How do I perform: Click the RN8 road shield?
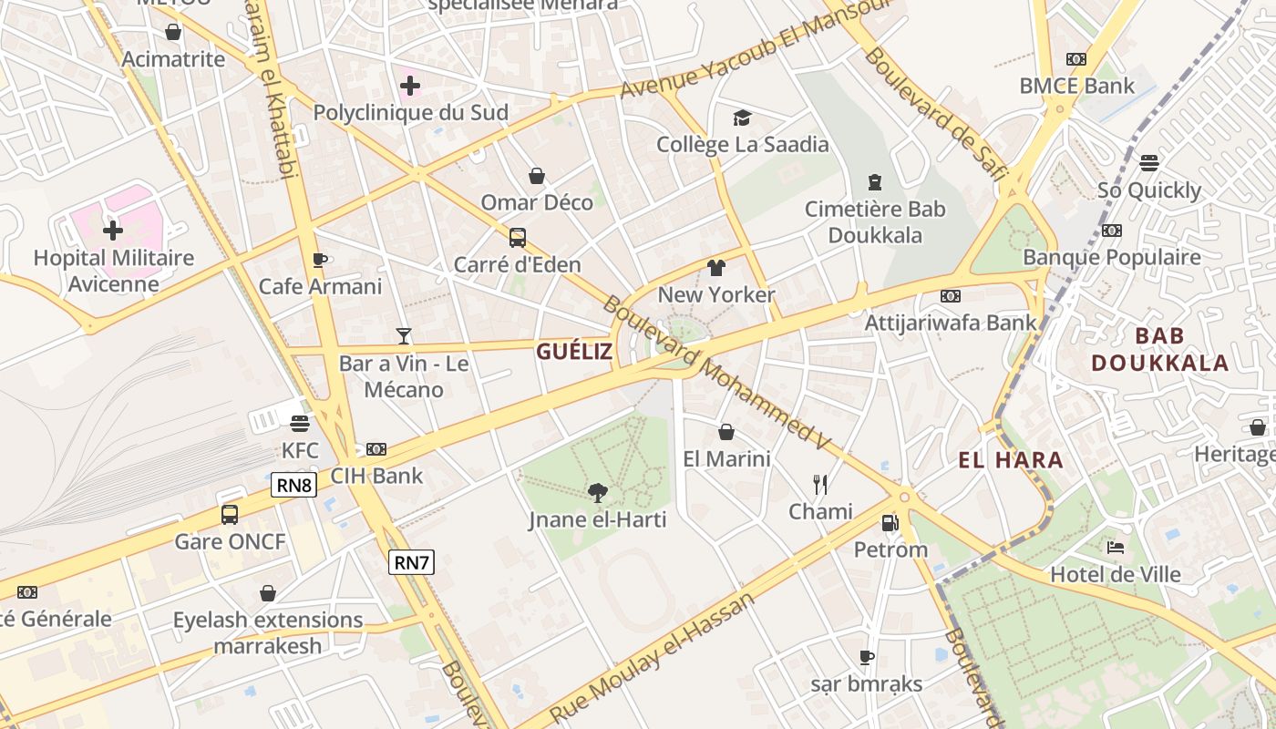tap(293, 485)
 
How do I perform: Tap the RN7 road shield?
tap(411, 562)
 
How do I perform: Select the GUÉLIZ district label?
tap(574, 351)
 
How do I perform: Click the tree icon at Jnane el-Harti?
tap(598, 493)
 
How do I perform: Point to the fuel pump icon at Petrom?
tap(890, 523)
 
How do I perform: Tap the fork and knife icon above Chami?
tap(820, 484)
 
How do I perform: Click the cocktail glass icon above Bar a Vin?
tap(404, 336)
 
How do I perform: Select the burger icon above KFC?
tap(300, 423)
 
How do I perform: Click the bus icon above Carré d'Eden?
tap(518, 238)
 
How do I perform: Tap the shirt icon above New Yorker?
tap(716, 268)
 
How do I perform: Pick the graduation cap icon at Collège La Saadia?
tap(743, 118)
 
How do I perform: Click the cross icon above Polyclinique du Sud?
tap(410, 87)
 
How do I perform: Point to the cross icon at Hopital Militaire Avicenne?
tap(113, 231)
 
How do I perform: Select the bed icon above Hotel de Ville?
tap(1115, 548)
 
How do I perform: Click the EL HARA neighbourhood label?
tap(1011, 460)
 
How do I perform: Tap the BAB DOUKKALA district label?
tap(1160, 349)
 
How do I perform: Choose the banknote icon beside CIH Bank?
tap(376, 449)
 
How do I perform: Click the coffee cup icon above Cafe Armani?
tap(319, 260)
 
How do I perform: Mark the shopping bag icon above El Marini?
tap(726, 432)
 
